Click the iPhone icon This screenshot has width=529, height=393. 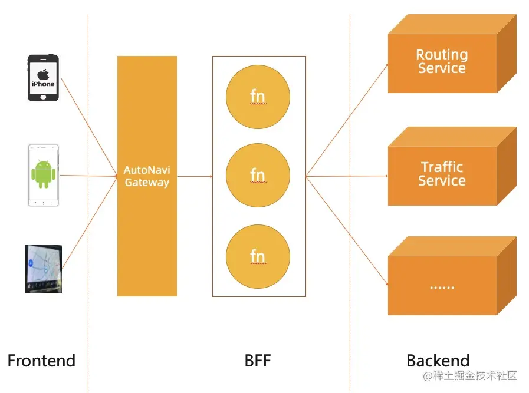click(x=43, y=78)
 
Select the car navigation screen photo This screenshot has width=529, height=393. click(x=43, y=269)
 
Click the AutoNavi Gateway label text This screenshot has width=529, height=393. click(x=146, y=176)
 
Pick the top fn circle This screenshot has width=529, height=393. click(x=258, y=97)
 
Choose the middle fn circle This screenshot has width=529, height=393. click(x=258, y=176)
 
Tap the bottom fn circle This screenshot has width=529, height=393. click(x=258, y=257)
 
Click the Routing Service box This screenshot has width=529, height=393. click(x=442, y=62)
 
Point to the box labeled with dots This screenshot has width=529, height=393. click(x=442, y=286)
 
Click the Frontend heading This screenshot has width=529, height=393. click(x=41, y=361)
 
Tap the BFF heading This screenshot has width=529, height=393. click(x=258, y=361)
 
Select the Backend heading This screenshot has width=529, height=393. click(x=438, y=361)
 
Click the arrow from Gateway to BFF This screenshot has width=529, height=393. click(x=195, y=176)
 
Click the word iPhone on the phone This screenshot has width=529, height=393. click(x=43, y=84)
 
